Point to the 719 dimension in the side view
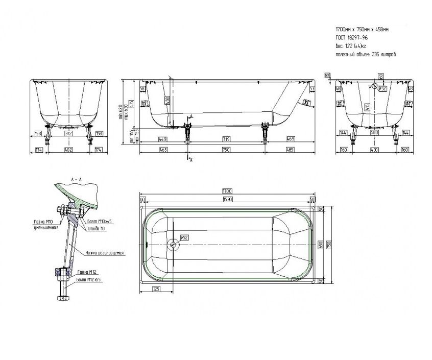tap(226, 139)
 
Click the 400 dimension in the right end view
tap(375, 133)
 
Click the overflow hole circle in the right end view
tap(375, 87)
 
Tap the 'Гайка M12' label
tap(85, 272)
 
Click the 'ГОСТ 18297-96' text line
tap(352, 38)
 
